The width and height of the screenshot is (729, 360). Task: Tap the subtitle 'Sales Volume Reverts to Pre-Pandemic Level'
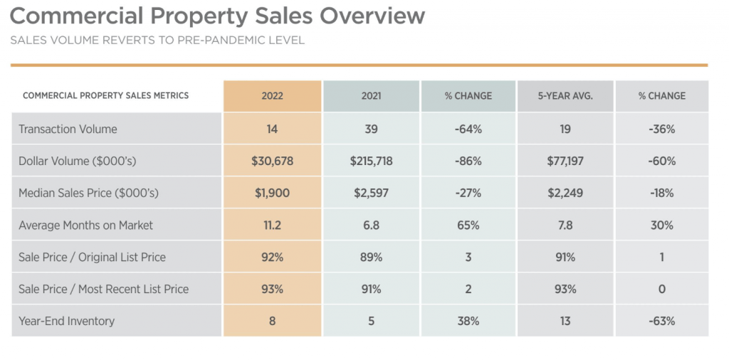point(157,40)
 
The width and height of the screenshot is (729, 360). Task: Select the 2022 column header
point(272,96)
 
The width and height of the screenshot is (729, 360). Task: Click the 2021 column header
point(371,96)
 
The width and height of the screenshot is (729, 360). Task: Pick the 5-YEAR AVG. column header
point(565,96)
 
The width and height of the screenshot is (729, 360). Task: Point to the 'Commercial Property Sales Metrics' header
point(106,96)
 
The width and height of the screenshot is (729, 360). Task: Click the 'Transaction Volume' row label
point(68,129)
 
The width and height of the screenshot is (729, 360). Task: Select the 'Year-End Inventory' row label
point(66,322)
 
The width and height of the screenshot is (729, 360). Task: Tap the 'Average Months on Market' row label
point(85,226)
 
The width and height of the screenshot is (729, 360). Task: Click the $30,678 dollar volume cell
point(272,162)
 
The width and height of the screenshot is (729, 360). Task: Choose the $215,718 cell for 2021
point(371,162)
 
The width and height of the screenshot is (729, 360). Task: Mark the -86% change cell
point(468,162)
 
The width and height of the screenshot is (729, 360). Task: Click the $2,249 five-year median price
point(565,194)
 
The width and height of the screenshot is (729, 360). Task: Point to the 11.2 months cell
point(272,226)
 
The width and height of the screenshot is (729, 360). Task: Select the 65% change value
point(468,226)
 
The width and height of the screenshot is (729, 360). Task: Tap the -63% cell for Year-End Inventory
point(661,322)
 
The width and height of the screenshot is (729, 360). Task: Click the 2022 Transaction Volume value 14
point(272,129)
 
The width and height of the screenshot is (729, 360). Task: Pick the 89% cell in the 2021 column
point(371,258)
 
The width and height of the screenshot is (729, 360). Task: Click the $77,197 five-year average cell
point(565,162)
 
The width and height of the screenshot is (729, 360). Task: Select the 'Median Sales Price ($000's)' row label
point(88,194)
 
